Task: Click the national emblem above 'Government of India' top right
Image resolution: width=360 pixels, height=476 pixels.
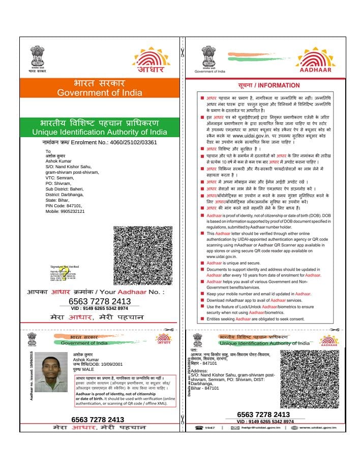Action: (209, 57)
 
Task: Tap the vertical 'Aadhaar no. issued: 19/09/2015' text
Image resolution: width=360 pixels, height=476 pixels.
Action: (32, 375)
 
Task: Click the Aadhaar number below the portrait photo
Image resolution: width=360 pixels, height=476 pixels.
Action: (98, 420)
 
